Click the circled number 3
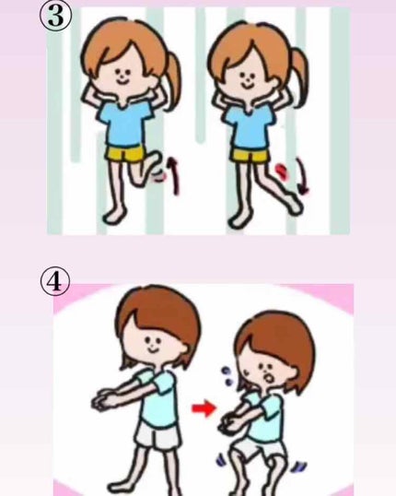[56, 16]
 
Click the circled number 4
[55, 281]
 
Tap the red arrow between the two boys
[204, 408]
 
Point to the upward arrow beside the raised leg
[173, 175]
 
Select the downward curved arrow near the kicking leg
[302, 176]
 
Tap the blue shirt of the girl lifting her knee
[124, 124]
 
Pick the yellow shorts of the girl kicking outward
[250, 155]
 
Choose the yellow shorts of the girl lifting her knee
[126, 154]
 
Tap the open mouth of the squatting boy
[268, 378]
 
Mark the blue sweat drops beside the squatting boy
[227, 376]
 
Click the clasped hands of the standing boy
[104, 400]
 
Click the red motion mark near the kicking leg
[281, 171]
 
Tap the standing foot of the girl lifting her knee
[114, 216]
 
